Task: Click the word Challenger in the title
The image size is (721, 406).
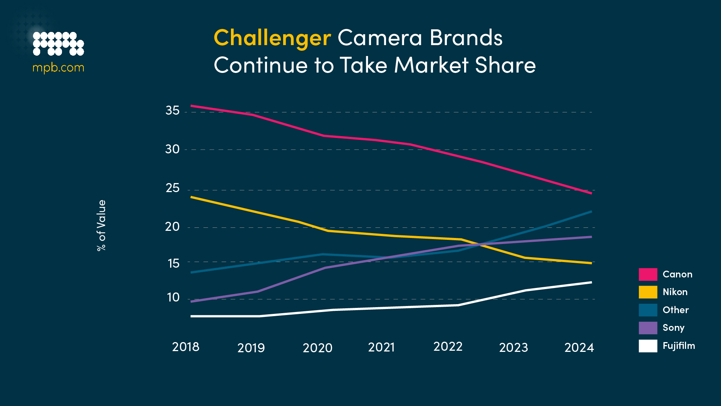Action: (x=272, y=38)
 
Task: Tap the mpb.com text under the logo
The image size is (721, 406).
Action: (x=58, y=68)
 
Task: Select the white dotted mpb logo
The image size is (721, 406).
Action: (x=58, y=44)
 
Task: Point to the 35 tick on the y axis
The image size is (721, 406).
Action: (x=172, y=111)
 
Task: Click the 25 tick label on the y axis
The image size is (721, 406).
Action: (x=172, y=188)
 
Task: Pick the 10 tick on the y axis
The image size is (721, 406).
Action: (x=173, y=297)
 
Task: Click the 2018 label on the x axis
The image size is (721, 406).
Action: (x=186, y=347)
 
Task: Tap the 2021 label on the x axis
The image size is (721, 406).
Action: (x=381, y=347)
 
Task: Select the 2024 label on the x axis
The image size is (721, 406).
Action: (x=579, y=347)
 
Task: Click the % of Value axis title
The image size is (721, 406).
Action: (x=101, y=225)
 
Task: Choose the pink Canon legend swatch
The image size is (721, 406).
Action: (x=648, y=274)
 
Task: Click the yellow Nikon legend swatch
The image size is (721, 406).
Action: (x=648, y=292)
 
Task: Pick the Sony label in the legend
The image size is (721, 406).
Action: (x=673, y=328)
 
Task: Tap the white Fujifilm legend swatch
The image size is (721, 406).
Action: (x=648, y=346)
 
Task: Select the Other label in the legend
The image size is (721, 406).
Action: (x=676, y=310)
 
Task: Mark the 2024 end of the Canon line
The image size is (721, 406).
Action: (x=591, y=193)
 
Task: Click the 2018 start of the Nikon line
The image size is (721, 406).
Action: (x=192, y=197)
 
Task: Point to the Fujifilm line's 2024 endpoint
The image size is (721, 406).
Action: (x=591, y=282)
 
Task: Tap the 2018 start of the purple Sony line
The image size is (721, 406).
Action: (x=192, y=301)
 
